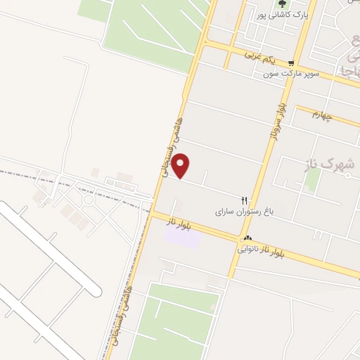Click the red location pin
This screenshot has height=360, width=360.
[181, 165]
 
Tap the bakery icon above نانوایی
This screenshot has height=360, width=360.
[248, 238]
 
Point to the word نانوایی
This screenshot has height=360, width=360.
[252, 247]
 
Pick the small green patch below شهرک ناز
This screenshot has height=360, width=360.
[312, 180]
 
